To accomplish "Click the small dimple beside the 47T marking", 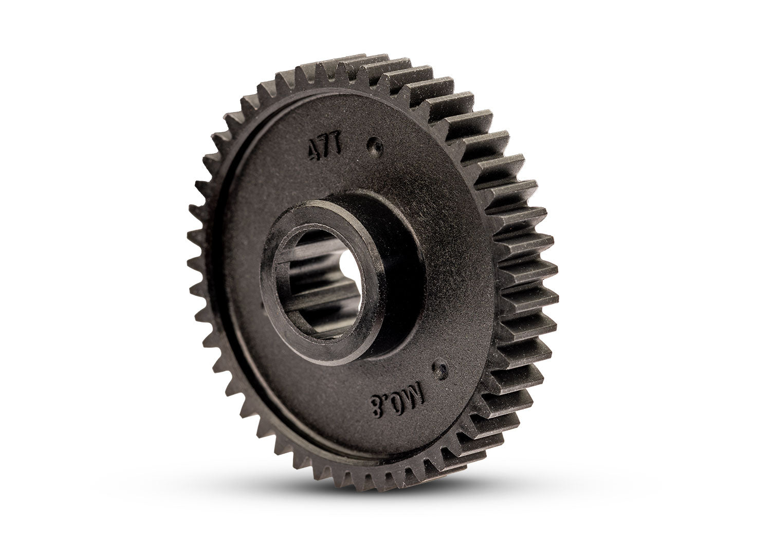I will click(377, 146).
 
